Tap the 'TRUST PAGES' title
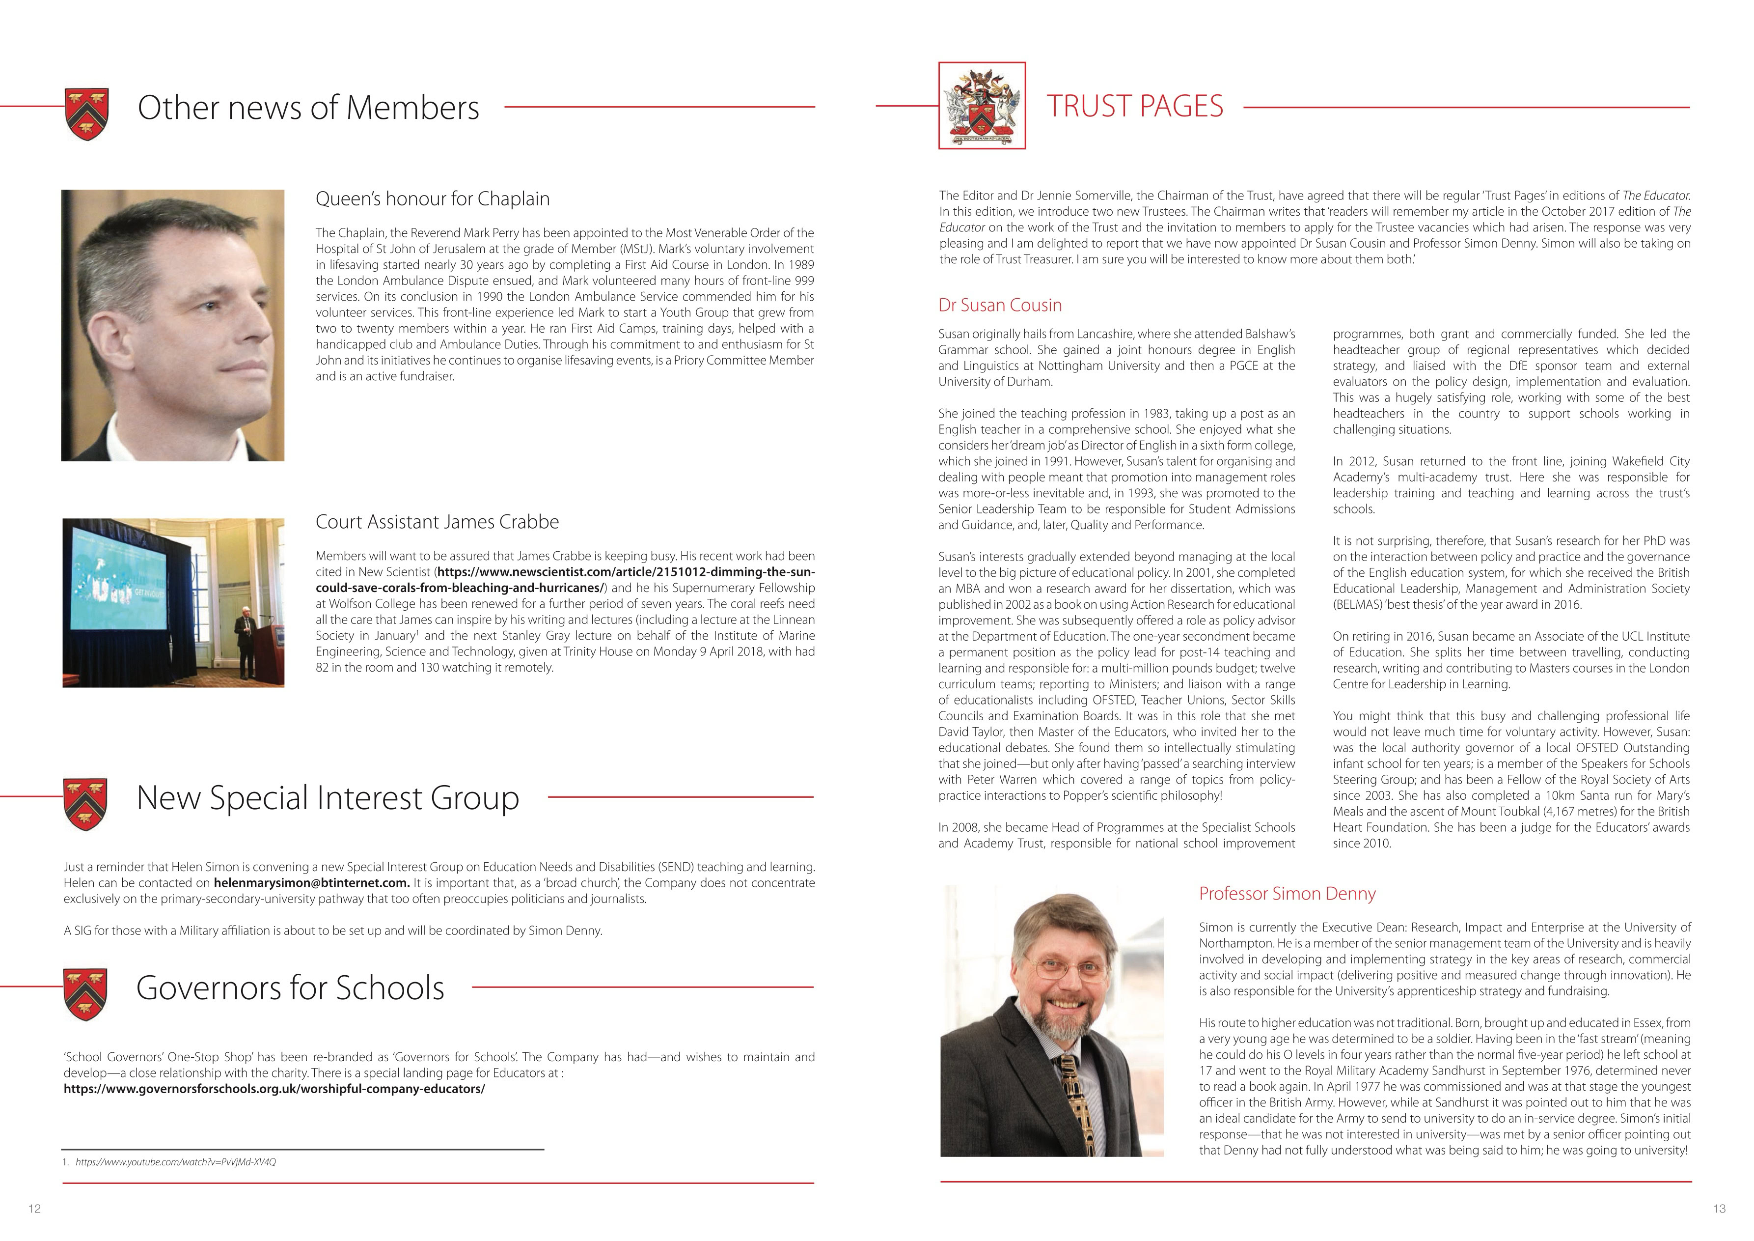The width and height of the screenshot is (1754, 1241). [1134, 106]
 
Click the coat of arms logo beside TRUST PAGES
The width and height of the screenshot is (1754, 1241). [982, 106]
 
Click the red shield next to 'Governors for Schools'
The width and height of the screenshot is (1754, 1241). [85, 994]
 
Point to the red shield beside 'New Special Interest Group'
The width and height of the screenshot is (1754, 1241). [85, 804]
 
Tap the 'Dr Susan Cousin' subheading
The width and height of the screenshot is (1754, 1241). [1000, 306]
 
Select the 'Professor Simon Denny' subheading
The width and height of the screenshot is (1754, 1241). [1287, 893]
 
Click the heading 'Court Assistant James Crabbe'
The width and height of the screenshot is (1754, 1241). [437, 522]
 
